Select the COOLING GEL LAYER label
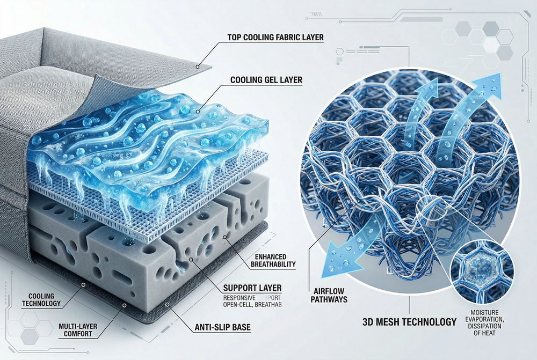click(x=266, y=80)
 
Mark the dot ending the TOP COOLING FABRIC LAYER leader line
click(x=198, y=67)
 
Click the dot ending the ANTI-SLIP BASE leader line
click(x=168, y=304)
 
